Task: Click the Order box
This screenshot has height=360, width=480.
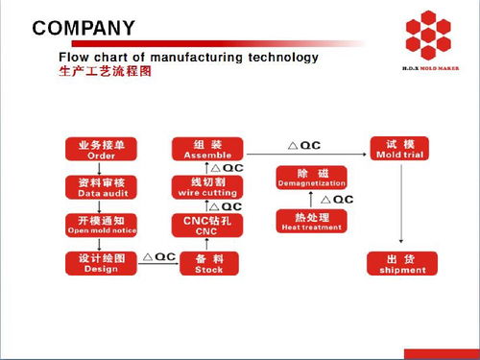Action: coord(101,149)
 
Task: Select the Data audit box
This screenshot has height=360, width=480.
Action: coord(101,185)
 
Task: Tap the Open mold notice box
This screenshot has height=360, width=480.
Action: coord(101,225)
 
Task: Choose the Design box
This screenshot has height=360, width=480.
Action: coord(101,263)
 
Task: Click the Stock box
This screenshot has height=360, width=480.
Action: coord(209,263)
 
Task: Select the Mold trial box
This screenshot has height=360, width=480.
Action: coord(399,149)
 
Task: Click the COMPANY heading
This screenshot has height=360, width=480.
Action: coord(84,28)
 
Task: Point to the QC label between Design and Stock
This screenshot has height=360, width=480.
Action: coord(158,256)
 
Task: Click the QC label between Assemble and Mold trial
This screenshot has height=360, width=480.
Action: coord(304,145)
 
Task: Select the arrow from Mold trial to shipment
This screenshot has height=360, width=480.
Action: coord(399,204)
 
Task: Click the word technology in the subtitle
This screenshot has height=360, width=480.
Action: coord(283,58)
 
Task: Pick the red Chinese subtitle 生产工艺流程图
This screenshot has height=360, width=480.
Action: coord(106,73)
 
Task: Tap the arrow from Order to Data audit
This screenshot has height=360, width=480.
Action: coord(101,167)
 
